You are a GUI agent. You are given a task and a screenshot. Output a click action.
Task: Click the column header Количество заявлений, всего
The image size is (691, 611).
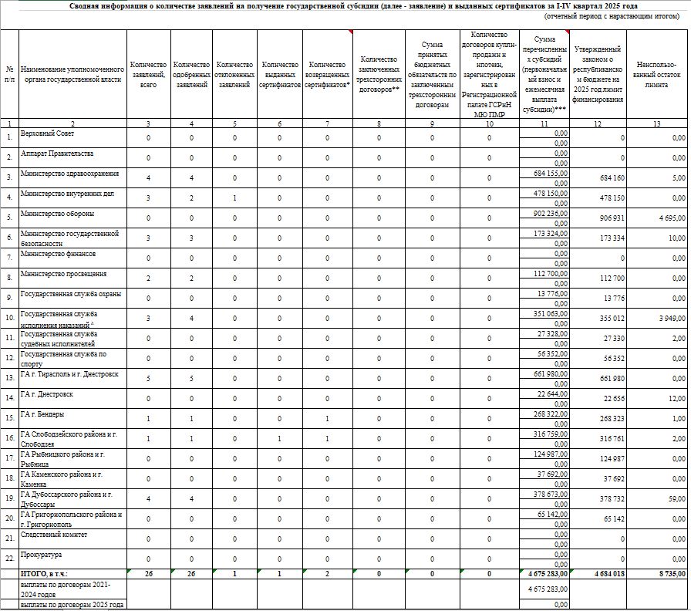(148, 74)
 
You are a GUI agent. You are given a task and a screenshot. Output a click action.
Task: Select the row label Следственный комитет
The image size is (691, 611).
(53, 535)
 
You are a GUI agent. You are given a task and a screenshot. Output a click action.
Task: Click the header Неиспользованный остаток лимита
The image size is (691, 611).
(656, 74)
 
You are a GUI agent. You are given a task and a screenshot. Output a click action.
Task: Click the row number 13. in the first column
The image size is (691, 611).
(9, 378)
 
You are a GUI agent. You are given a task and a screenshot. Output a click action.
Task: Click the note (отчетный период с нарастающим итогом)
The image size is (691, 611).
(614, 15)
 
